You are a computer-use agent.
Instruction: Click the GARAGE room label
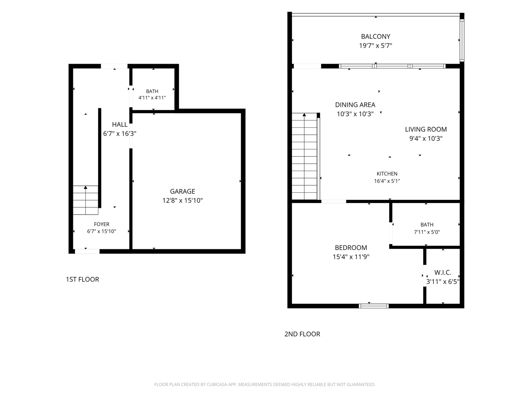182,191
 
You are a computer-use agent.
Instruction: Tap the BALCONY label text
375,37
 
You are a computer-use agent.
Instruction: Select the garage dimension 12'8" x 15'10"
182,200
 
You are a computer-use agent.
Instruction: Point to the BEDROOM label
351,248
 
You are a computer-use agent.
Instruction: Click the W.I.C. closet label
443,272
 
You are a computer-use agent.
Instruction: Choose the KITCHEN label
387,174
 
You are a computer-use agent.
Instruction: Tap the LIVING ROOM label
426,130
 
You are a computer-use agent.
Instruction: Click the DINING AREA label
355,105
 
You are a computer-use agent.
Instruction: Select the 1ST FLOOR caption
82,279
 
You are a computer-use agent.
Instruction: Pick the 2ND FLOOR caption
302,334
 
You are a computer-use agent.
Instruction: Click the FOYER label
102,224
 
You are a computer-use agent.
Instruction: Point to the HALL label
120,124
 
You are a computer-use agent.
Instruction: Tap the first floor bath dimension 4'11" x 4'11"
152,98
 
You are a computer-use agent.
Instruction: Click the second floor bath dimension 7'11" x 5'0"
427,232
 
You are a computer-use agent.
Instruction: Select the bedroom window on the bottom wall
374,306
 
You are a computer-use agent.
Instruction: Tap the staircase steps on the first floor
86,200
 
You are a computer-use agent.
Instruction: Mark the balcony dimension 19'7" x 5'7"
375,46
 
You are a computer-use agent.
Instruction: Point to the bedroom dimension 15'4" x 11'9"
351,256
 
